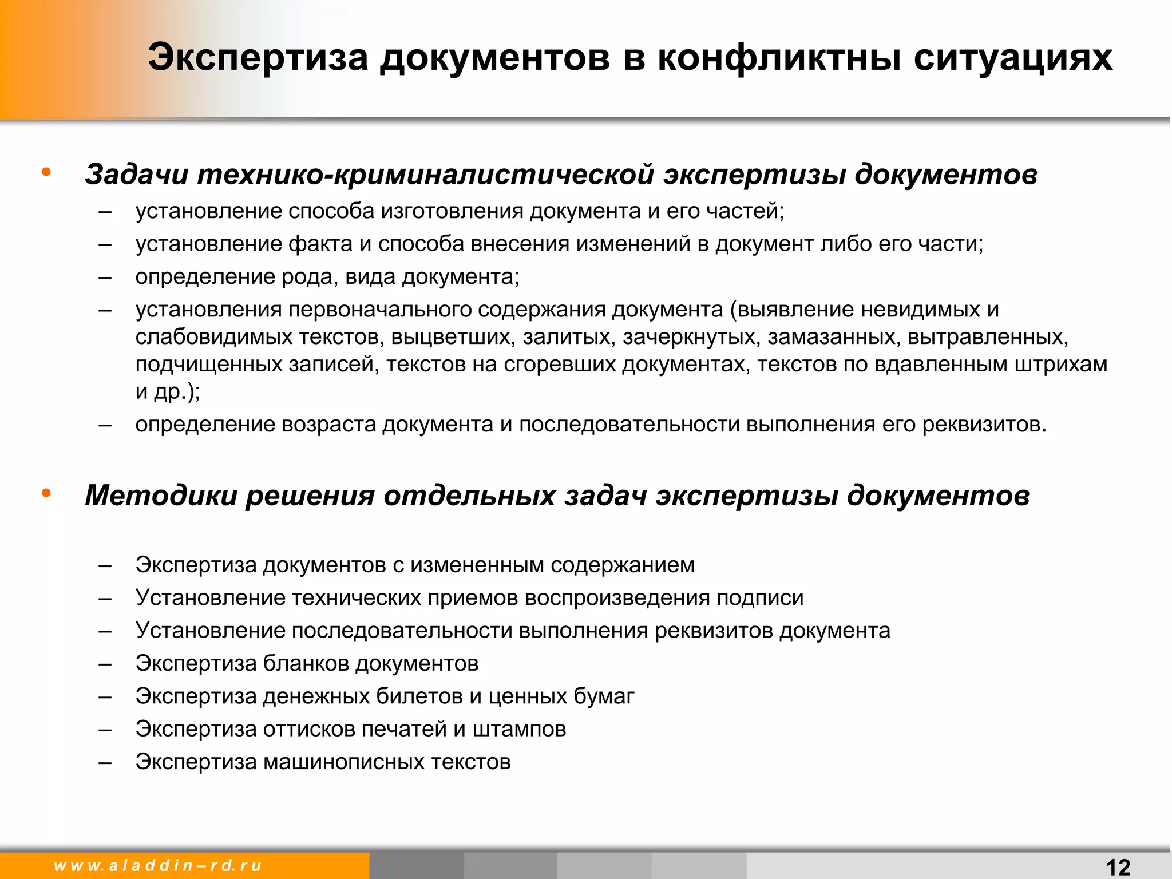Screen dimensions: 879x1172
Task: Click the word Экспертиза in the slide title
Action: [258, 58]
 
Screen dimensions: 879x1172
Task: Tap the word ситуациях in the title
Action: [1013, 58]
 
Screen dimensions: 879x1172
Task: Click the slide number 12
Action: [1118, 867]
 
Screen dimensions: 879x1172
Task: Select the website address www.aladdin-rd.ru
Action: [158, 865]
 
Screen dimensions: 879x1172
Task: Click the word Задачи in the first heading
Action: [137, 174]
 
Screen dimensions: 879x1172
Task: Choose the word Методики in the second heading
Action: [161, 496]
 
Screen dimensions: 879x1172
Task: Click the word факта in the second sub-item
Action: [320, 244]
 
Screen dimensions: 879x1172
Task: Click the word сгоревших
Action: [560, 365]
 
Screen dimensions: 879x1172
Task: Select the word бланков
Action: [306, 664]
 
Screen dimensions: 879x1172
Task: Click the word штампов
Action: [519, 730]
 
